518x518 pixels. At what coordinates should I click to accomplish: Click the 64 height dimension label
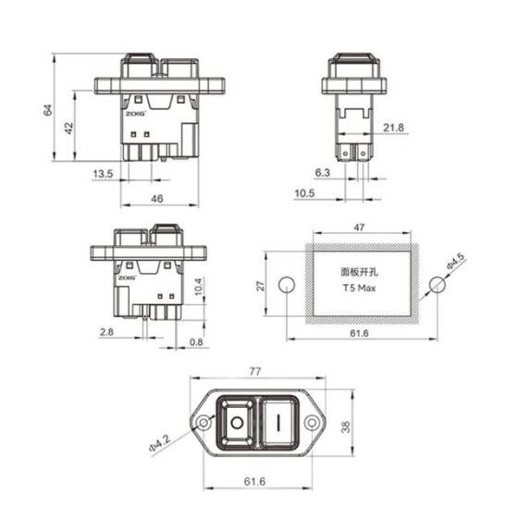(x=46, y=110)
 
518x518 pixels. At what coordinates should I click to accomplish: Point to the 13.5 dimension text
(x=102, y=173)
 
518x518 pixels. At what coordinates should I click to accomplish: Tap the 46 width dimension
(x=158, y=199)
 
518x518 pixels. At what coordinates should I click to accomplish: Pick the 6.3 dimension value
(x=322, y=172)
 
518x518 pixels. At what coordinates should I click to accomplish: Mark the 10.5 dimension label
(x=306, y=193)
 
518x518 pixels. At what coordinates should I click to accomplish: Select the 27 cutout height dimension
(x=260, y=286)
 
